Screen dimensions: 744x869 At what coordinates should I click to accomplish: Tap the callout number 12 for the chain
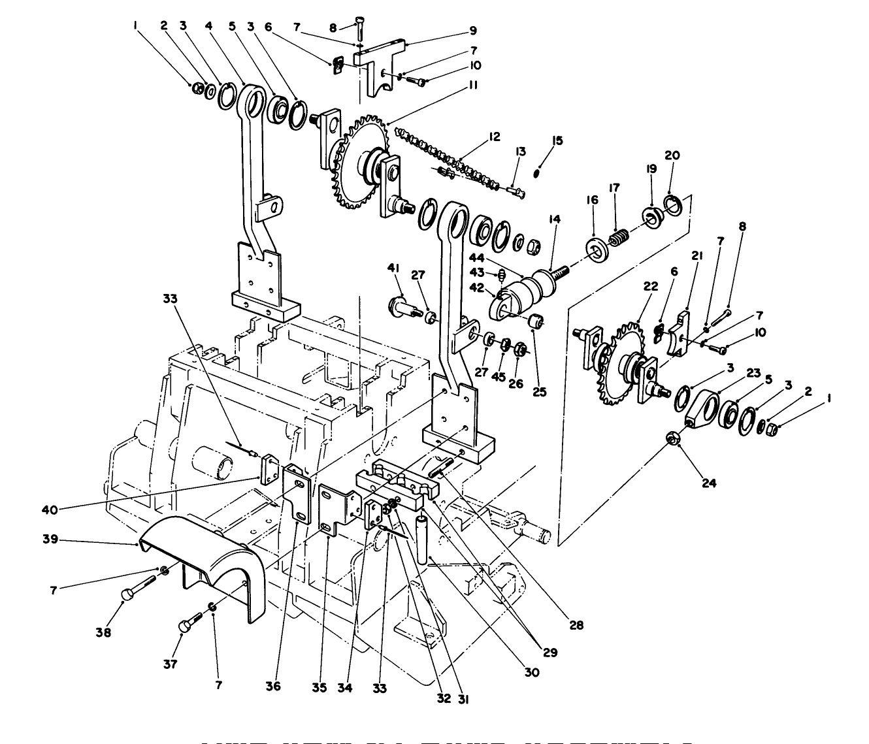coord(493,137)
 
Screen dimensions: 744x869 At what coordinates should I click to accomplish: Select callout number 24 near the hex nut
coord(709,483)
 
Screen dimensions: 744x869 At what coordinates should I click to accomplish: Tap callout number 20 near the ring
coord(672,155)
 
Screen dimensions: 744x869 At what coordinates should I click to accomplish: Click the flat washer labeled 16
coord(595,249)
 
